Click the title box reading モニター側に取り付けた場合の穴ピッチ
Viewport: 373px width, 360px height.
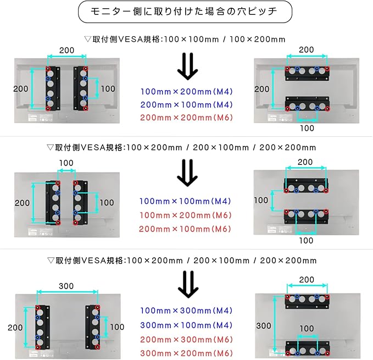[185, 12]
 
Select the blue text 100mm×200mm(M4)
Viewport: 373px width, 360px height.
[186, 91]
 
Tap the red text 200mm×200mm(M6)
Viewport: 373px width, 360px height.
[186, 118]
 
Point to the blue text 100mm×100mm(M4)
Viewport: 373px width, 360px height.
[186, 202]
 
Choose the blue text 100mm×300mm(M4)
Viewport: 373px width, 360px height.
[186, 311]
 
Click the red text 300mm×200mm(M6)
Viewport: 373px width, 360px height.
[186, 353]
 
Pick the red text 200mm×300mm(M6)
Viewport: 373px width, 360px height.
[186, 340]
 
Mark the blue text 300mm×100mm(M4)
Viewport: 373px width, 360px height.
[186, 325]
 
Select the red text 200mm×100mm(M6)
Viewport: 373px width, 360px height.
[186, 229]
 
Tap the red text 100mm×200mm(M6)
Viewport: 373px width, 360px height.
[186, 215]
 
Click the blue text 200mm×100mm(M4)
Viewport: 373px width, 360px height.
[186, 104]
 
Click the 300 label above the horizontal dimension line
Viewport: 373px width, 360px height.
[67, 286]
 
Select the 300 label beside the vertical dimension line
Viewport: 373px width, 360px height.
[264, 326]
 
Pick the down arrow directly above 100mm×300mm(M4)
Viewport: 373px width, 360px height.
[187, 284]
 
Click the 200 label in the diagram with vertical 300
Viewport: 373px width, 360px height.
[307, 279]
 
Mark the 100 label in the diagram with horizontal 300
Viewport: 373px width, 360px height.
[117, 327]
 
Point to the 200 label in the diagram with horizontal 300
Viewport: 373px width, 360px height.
[15, 328]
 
